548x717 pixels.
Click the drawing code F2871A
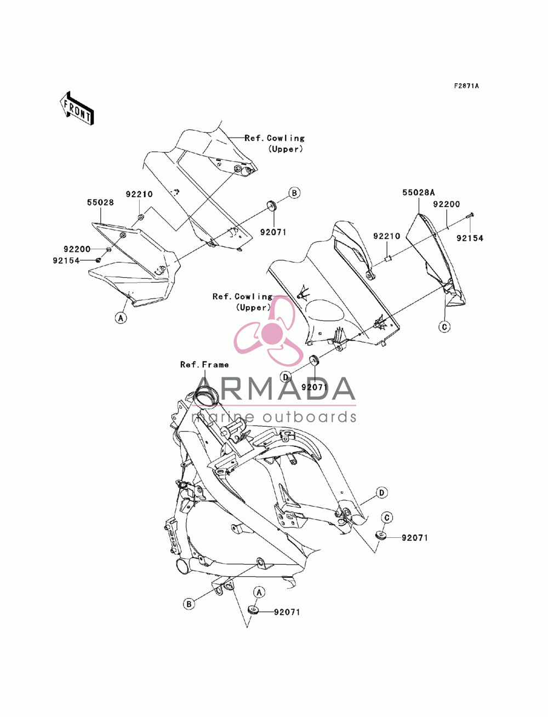point(466,86)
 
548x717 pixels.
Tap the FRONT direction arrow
point(77,108)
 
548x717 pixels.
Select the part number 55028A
point(418,192)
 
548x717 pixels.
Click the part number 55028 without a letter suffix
point(100,203)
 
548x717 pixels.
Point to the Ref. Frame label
point(204,365)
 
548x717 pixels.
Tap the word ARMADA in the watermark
point(274,389)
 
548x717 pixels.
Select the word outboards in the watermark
point(310,417)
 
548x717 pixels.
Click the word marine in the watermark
point(222,417)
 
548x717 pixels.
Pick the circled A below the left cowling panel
point(121,317)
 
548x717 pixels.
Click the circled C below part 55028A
point(445,326)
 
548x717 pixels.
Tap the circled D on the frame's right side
point(381,502)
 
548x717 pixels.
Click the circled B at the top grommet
point(294,193)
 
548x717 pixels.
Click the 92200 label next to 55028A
point(447,204)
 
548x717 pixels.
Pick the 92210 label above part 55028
point(139,194)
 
